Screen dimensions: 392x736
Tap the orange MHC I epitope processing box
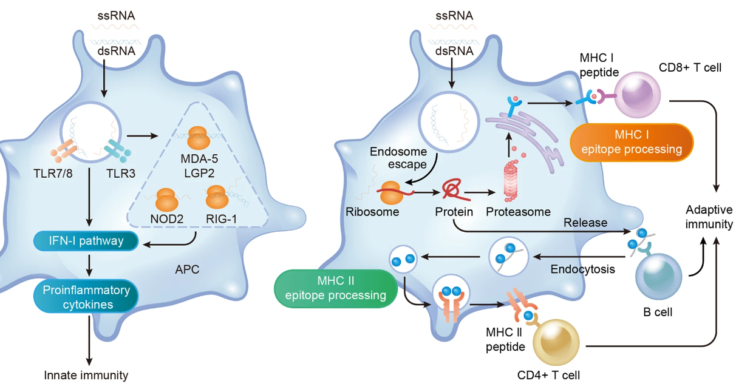point(632,142)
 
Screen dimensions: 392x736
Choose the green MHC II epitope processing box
point(336,289)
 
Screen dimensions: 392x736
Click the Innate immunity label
point(86,375)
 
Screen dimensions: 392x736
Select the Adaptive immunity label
point(709,217)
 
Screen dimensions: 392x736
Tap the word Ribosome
point(372,212)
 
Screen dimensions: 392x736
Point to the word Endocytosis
point(580,268)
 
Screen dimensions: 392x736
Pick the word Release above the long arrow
point(585,223)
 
